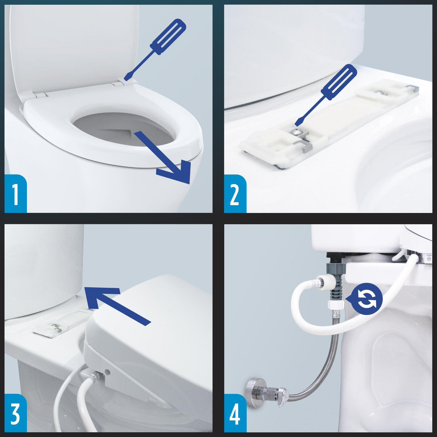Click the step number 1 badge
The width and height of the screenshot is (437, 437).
15,193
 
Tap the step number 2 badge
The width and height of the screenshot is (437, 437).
235,193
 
